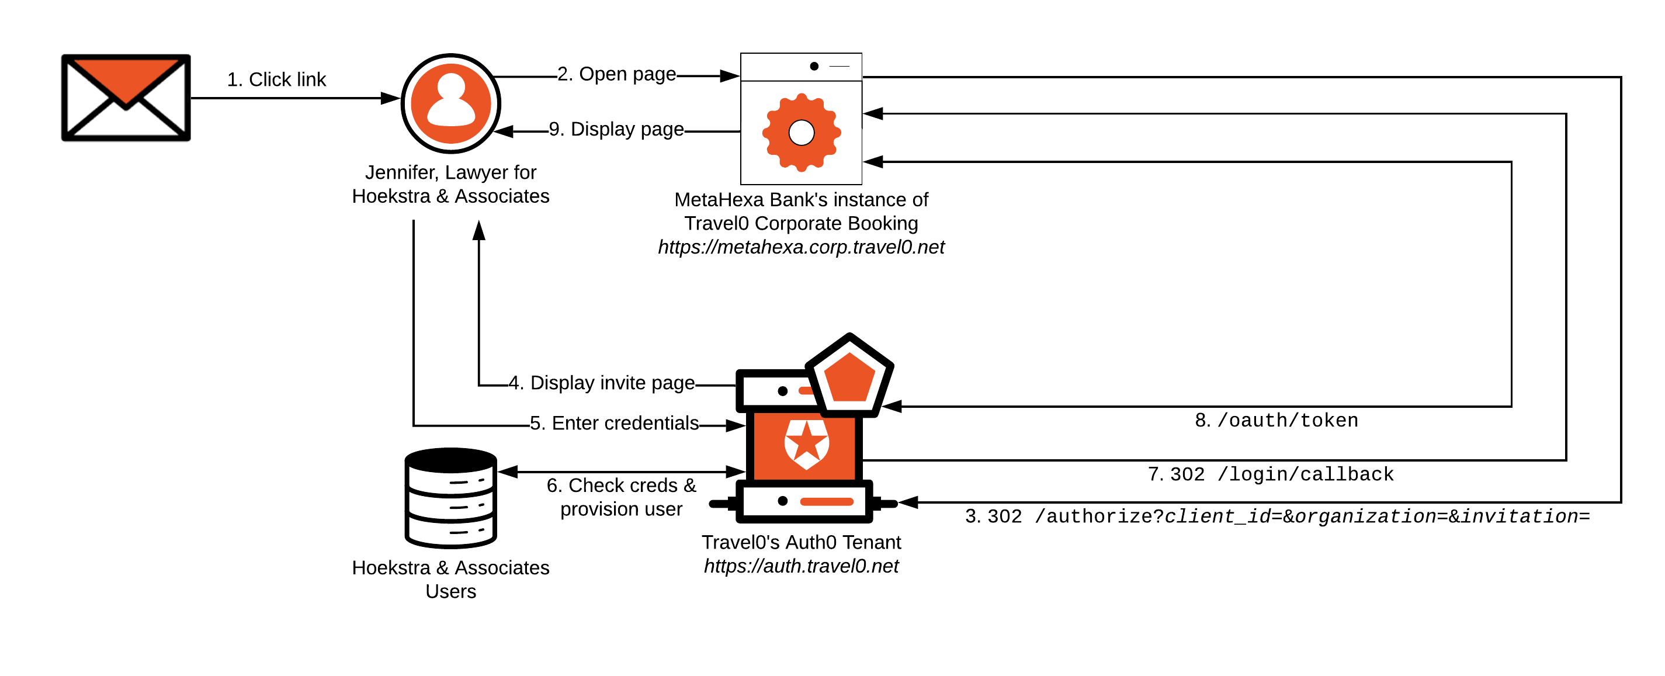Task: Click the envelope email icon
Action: coord(126,98)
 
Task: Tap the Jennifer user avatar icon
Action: coord(450,103)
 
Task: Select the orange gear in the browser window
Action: coord(801,133)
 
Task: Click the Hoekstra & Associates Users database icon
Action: coord(450,497)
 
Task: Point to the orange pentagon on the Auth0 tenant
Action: coord(849,377)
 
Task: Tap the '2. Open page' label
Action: coord(616,74)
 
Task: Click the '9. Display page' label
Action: coord(616,129)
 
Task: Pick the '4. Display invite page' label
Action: coord(601,383)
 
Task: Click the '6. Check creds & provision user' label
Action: coord(621,497)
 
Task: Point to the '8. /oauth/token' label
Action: coord(1276,421)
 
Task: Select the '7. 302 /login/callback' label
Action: coord(1270,474)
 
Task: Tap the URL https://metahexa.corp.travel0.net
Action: coord(801,247)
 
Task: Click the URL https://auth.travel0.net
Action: coord(801,566)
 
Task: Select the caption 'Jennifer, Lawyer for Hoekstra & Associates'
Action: coord(450,184)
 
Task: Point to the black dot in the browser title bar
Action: coord(814,66)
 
